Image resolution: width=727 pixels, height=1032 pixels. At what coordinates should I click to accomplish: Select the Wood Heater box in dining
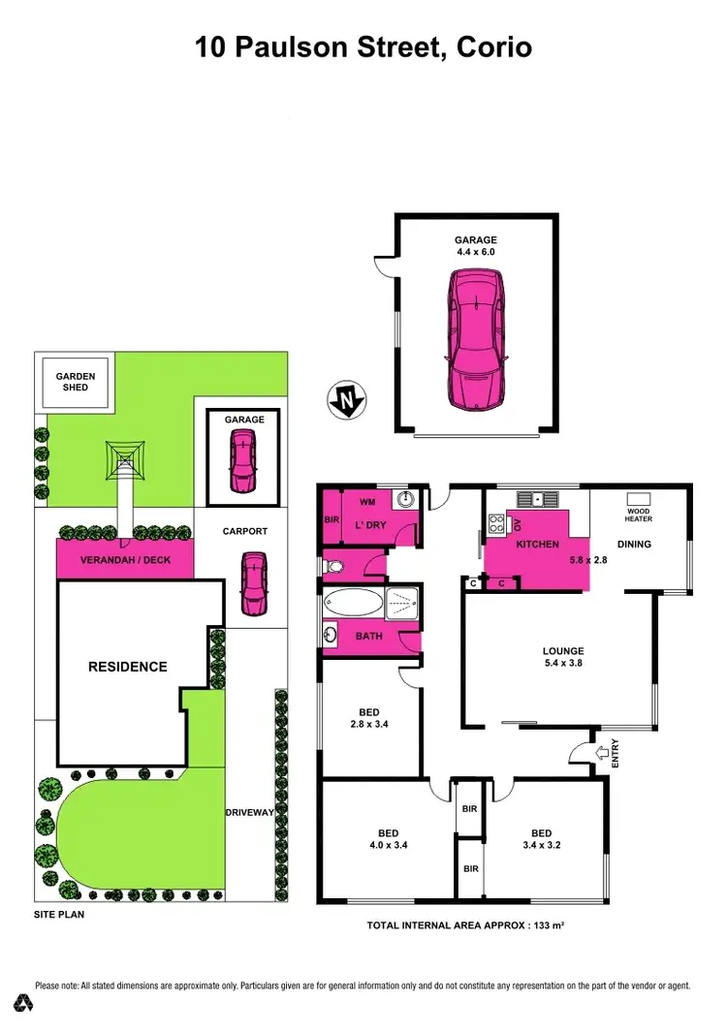[639, 514]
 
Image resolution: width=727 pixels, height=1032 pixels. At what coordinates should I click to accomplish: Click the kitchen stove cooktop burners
[495, 524]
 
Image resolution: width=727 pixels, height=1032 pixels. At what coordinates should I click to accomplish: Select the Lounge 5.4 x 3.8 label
[563, 657]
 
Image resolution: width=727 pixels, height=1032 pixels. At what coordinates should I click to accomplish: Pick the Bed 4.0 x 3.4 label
[388, 839]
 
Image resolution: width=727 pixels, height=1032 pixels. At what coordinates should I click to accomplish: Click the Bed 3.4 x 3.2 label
[541, 839]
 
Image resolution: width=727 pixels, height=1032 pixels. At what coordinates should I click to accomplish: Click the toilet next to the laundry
[333, 565]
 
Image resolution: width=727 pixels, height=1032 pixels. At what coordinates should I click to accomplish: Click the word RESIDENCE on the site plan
[128, 667]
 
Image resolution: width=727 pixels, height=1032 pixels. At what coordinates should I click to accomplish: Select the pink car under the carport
[254, 582]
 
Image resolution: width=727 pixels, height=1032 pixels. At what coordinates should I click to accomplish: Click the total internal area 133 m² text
[465, 925]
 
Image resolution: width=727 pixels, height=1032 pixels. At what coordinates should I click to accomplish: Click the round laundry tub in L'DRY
[405, 500]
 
